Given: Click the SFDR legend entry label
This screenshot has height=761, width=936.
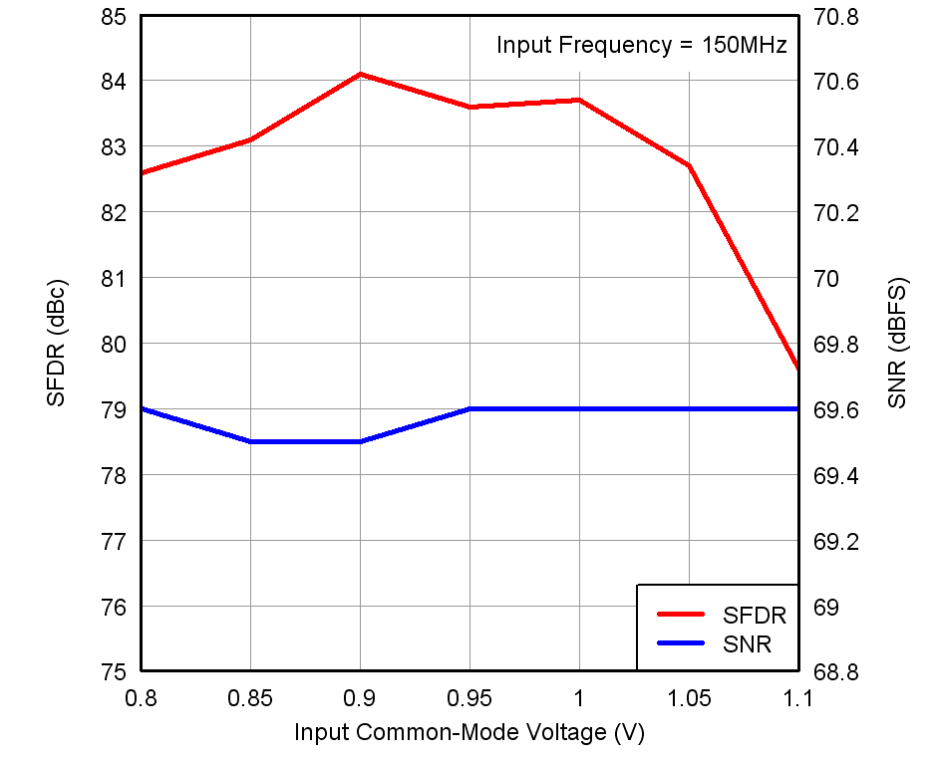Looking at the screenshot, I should click(755, 615).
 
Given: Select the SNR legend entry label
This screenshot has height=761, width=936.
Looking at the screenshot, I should click(747, 644).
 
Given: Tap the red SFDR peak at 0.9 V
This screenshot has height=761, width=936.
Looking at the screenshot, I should click(360, 74).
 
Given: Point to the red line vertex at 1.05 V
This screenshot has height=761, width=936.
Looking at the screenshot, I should click(689, 165).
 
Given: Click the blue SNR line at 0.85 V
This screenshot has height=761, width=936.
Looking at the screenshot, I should click(250, 441).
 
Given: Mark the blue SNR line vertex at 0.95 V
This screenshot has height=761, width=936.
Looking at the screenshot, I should click(469, 408).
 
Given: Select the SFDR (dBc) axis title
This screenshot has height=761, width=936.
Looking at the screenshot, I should click(56, 343).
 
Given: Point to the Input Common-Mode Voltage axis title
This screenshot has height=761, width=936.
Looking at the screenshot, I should click(469, 733).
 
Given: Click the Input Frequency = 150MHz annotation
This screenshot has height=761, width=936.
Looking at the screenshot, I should click(642, 45).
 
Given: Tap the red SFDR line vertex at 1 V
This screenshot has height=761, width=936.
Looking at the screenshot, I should click(579, 100).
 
